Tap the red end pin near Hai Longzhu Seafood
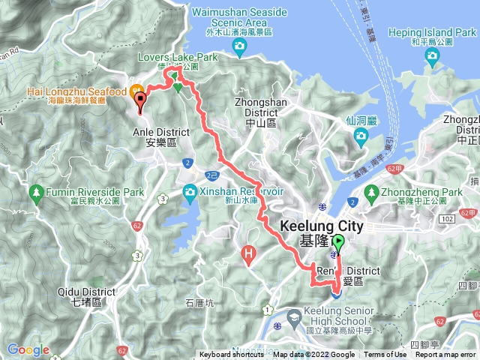coord(139,105)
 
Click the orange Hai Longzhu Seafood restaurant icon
coord(138,94)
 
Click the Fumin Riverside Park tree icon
coord(36,193)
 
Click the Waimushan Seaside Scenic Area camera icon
coord(239,49)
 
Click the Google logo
coord(28,349)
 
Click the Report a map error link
coord(446,355)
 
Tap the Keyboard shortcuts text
coord(233,355)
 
